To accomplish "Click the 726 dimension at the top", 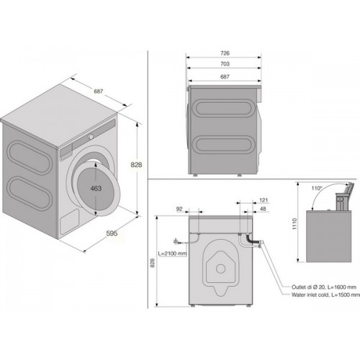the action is [x=225, y=53].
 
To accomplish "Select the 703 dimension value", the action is [x=225, y=64].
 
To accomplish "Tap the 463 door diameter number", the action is [x=96, y=189].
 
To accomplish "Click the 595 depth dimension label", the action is [x=112, y=233].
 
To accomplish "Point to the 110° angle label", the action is [x=317, y=188].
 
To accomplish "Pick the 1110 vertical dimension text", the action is [x=295, y=224].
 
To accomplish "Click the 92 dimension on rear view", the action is [x=179, y=209].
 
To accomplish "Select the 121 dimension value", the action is [x=264, y=200].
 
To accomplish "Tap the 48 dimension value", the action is [x=263, y=209].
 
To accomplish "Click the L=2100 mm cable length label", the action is [x=172, y=253].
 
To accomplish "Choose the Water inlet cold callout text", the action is [x=325, y=295].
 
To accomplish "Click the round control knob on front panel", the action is [x=91, y=137].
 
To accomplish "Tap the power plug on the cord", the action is [x=177, y=241].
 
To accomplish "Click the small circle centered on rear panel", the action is [x=220, y=269].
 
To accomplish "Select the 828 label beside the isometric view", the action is [x=136, y=165].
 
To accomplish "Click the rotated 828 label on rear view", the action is [x=153, y=263].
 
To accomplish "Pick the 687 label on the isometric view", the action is [x=99, y=91].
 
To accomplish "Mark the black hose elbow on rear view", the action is [x=250, y=238].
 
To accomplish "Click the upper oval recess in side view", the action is [x=224, y=108].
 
